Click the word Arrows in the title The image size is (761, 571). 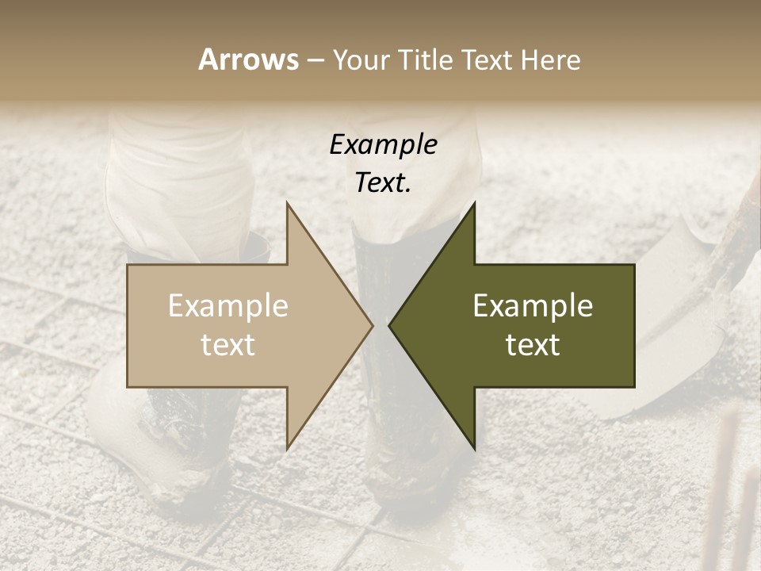tap(248, 59)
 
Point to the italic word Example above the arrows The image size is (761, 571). tap(383, 144)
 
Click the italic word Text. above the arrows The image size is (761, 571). tap(383, 182)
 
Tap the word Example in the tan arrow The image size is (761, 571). tap(228, 306)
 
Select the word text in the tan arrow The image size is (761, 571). tap(228, 345)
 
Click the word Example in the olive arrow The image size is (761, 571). tap(533, 306)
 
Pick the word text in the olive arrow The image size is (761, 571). tap(533, 345)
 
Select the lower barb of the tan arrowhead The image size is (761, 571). tap(289, 444)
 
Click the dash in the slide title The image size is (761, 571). tap(315, 60)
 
